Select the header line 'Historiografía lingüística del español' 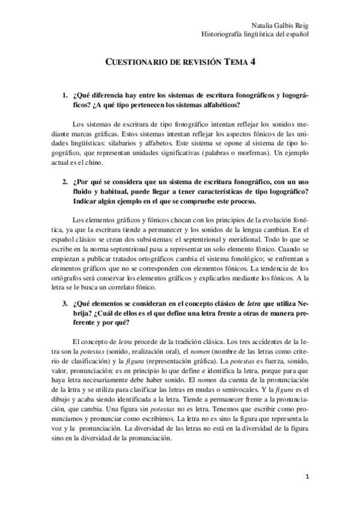pyautogui.click(x=255, y=34)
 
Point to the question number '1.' pyautogui.click(x=66, y=96)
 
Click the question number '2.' pyautogui.click(x=66, y=182)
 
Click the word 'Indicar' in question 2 pyautogui.click(x=86, y=201)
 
